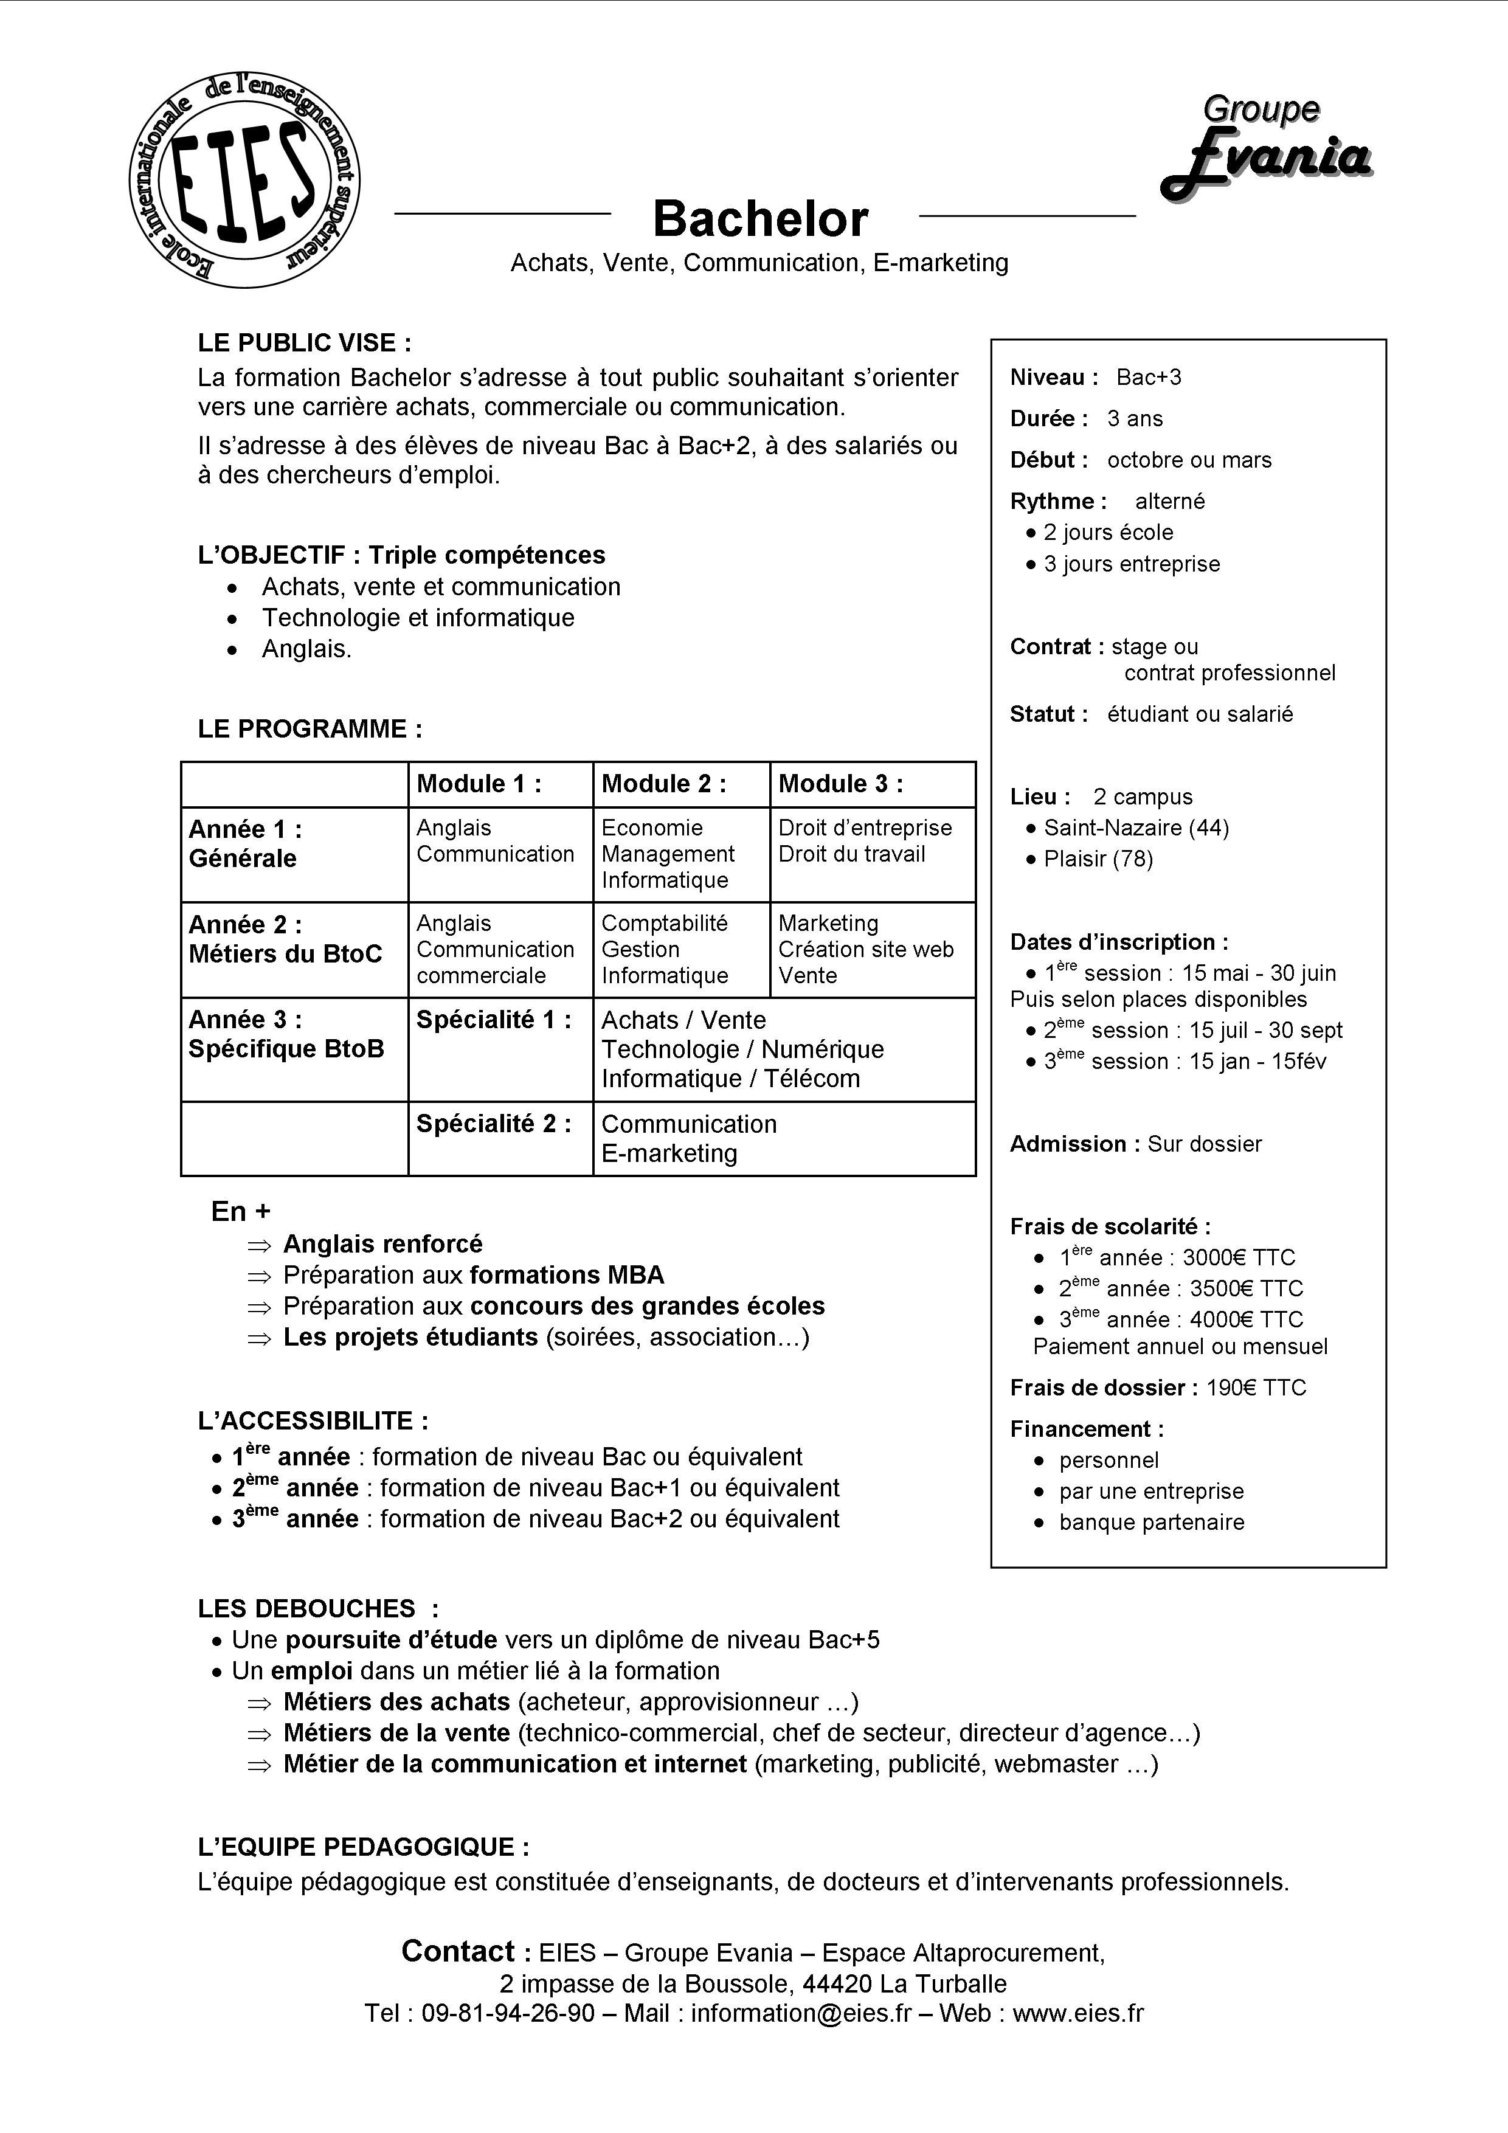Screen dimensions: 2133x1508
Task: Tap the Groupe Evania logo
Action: (x=1265, y=148)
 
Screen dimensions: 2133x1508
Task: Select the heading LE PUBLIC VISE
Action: (x=304, y=343)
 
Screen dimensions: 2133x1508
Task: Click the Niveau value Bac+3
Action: (x=1149, y=377)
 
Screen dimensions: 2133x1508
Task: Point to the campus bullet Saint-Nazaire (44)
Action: (x=1135, y=827)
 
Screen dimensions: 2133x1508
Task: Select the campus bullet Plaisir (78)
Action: (x=1098, y=859)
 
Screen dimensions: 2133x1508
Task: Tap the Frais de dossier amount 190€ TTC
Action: (x=1255, y=1388)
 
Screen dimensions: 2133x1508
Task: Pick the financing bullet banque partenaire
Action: (x=1150, y=1522)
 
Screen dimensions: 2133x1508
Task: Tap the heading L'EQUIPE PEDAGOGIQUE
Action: (x=363, y=1846)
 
